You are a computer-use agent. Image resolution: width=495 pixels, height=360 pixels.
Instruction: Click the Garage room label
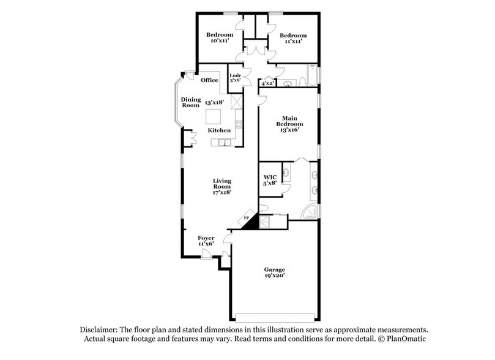(274, 269)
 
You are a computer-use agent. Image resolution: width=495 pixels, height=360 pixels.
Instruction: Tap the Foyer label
(206, 238)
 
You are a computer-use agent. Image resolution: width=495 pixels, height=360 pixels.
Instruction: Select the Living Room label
(221, 183)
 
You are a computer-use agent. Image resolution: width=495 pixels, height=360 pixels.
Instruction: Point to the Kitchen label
(219, 130)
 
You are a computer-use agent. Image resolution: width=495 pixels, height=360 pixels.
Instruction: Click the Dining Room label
(190, 102)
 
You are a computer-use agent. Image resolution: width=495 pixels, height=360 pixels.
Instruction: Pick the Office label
(209, 80)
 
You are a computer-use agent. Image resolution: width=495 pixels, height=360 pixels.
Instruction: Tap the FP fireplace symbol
(247, 219)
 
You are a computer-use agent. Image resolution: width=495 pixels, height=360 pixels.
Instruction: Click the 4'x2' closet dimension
(267, 83)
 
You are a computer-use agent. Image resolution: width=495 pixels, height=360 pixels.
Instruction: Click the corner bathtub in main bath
(312, 212)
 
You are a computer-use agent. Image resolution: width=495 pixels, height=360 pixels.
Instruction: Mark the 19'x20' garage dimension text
(274, 277)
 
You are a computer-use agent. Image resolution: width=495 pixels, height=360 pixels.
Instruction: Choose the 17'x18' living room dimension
(221, 192)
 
